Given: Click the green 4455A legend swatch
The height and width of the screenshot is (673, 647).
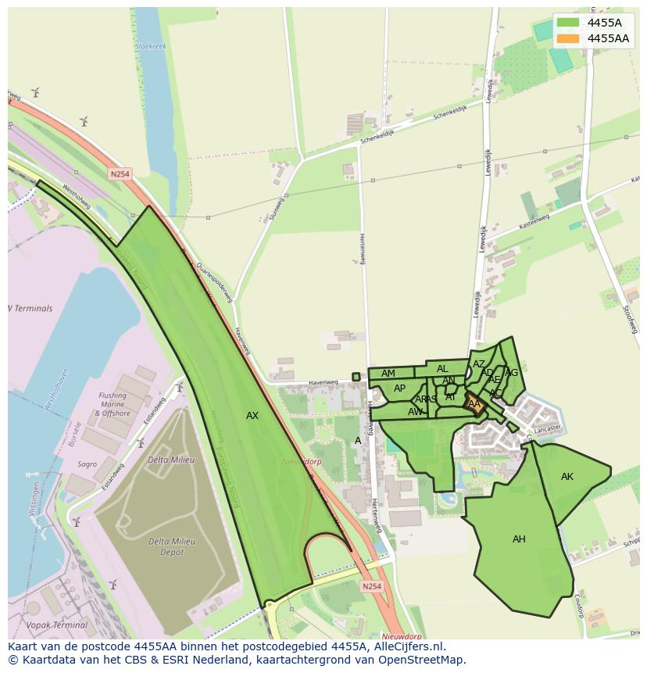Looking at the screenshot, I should click(568, 23).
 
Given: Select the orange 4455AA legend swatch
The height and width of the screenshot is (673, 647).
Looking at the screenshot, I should click(568, 38).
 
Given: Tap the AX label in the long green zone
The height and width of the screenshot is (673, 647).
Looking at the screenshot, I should click(252, 416).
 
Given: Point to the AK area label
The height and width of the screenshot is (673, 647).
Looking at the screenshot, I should click(567, 477).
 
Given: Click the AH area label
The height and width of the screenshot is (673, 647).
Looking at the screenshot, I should click(519, 539).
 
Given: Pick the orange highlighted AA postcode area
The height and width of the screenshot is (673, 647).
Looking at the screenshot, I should click(474, 404).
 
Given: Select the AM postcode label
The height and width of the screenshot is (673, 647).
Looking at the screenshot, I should click(388, 374).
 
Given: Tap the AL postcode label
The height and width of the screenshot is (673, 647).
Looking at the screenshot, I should click(442, 369).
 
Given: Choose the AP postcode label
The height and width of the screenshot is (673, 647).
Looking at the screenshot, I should click(399, 388).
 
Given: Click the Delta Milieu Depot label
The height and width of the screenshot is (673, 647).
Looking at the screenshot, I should click(171, 546).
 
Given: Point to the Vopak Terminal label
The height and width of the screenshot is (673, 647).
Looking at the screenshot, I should click(56, 625).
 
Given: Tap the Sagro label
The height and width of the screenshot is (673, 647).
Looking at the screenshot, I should click(87, 464).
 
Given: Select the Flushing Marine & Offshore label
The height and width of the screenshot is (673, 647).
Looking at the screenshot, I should click(113, 404).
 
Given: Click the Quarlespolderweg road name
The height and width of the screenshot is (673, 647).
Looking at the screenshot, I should click(215, 282).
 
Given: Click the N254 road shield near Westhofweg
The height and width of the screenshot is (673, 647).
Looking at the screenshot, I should click(120, 174).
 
